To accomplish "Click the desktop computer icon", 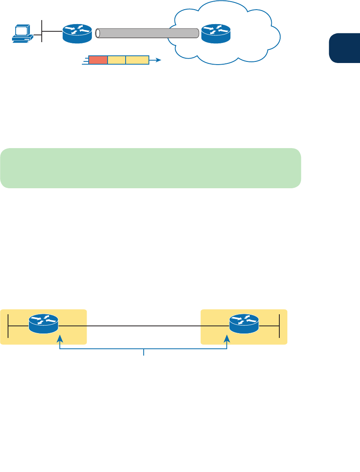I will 22,34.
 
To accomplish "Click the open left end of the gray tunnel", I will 97,33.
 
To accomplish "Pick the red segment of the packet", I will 98,60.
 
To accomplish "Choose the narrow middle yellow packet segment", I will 116,60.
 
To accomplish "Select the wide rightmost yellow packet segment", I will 137,60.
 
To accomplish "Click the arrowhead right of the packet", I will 159,60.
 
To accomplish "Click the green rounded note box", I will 151,168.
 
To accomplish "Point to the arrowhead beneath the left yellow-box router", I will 60,338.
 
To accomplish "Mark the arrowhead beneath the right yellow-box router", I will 228,338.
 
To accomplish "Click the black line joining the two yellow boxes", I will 144,326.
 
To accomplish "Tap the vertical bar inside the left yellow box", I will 8,326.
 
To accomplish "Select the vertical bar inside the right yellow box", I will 279,326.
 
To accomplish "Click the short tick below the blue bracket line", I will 144,352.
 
